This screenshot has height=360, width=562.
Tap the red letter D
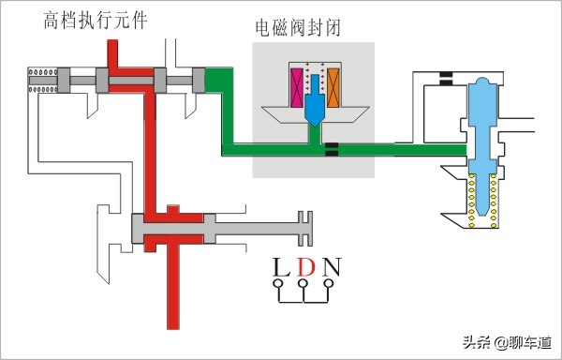(304, 269)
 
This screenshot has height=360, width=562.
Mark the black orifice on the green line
(331, 149)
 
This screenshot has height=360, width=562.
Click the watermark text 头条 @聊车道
(505, 341)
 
